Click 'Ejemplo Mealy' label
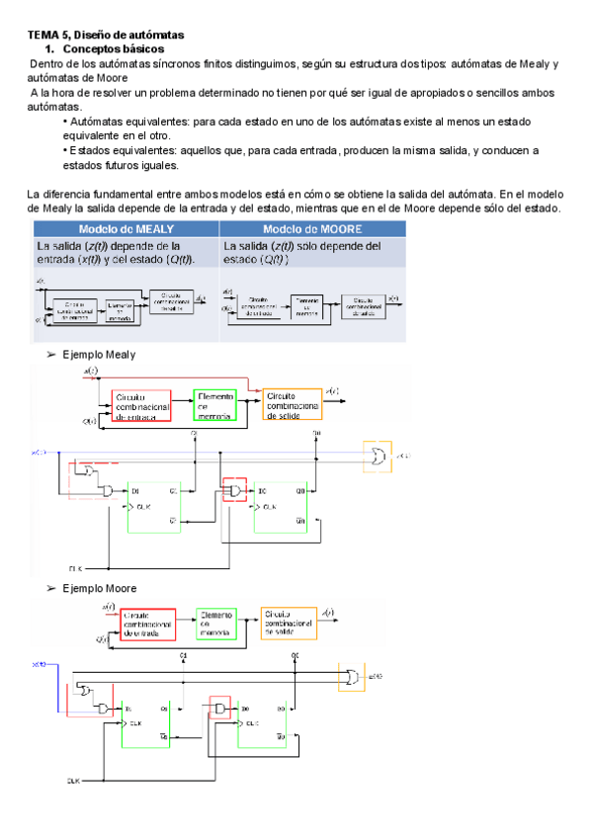(98, 354)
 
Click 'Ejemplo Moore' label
(98, 588)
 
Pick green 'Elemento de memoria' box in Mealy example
(215, 404)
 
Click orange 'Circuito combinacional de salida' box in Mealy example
(292, 404)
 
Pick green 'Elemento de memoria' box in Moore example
(215, 626)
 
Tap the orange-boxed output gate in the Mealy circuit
(376, 455)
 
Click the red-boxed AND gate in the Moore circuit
(218, 709)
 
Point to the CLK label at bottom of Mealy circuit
(73, 569)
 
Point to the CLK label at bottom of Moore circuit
(73, 781)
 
